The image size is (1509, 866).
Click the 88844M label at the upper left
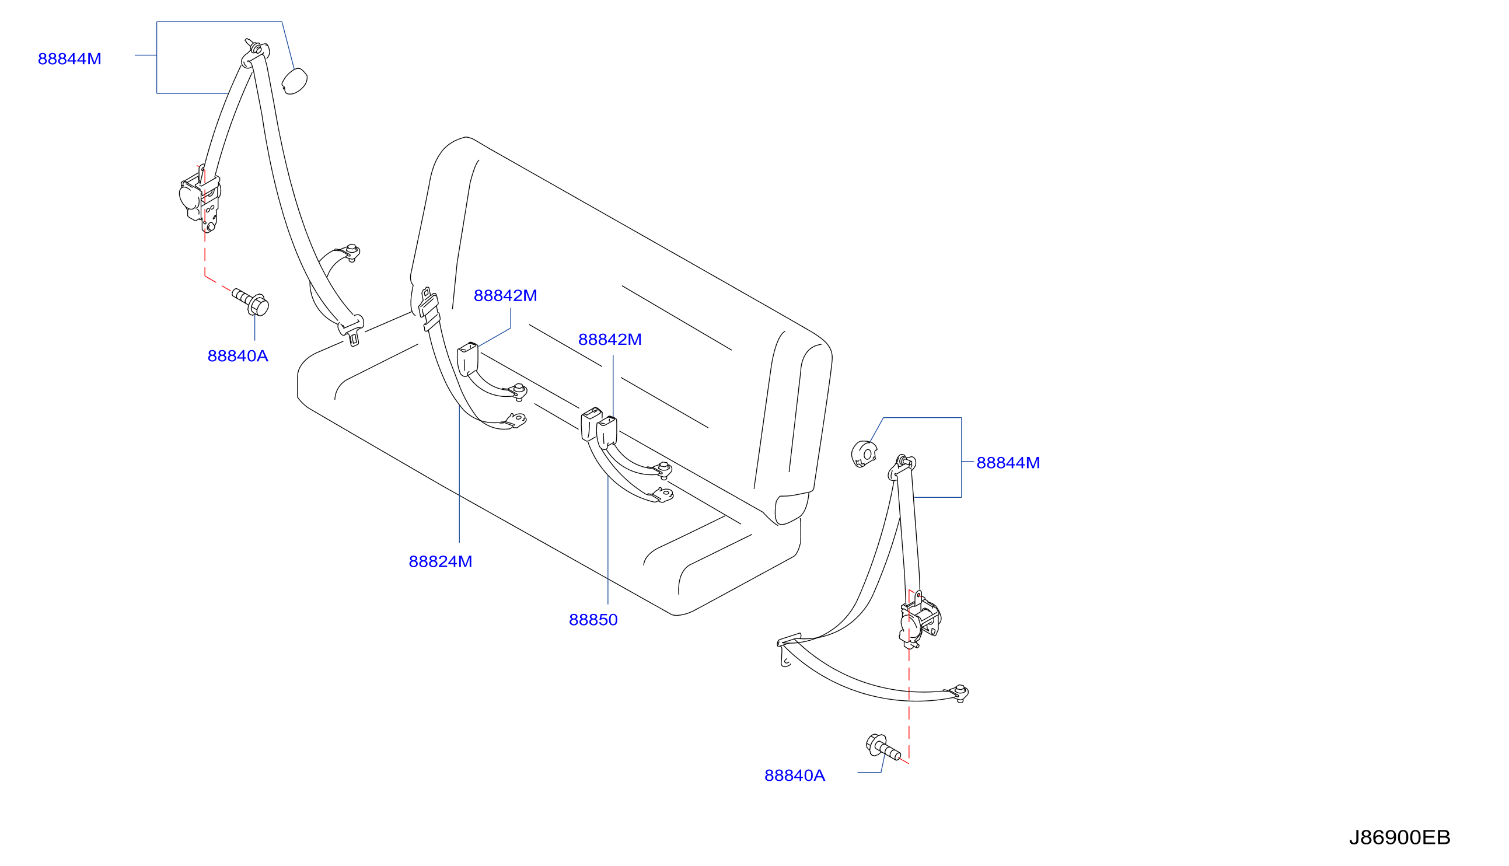(x=69, y=59)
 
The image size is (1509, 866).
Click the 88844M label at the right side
(x=1008, y=463)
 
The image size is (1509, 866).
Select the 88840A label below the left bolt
(x=238, y=357)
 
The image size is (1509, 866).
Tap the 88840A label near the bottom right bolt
(x=794, y=776)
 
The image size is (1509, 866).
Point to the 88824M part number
(x=440, y=561)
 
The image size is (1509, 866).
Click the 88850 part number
(x=593, y=620)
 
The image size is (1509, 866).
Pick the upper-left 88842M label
(x=505, y=296)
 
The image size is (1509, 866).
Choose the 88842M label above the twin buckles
(x=609, y=340)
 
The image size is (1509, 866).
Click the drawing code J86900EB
(x=1400, y=837)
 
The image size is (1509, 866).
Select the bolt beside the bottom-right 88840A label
(x=882, y=748)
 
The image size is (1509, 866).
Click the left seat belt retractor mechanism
(x=200, y=199)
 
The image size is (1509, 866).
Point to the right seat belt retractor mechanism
(x=919, y=621)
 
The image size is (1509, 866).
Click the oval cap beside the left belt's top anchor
(x=294, y=82)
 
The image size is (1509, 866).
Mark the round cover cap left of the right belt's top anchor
(x=863, y=454)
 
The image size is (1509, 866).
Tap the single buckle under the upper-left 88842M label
(x=467, y=359)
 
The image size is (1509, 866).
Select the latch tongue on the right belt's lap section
(x=788, y=648)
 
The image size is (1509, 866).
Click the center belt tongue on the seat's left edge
(x=429, y=310)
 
